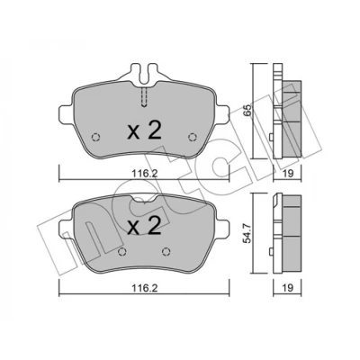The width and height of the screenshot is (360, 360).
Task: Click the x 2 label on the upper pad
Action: coord(144,130)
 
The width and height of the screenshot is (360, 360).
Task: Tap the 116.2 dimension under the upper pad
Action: coord(144,174)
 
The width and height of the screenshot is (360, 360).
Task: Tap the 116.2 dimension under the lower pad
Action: coord(144,288)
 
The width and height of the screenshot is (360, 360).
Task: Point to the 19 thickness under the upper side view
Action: coord(288,174)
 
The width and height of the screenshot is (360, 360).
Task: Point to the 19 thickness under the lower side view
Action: coord(288,288)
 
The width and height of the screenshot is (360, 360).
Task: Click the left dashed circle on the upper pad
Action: coord(95,137)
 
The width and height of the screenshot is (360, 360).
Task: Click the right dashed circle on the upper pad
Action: coord(193,137)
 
